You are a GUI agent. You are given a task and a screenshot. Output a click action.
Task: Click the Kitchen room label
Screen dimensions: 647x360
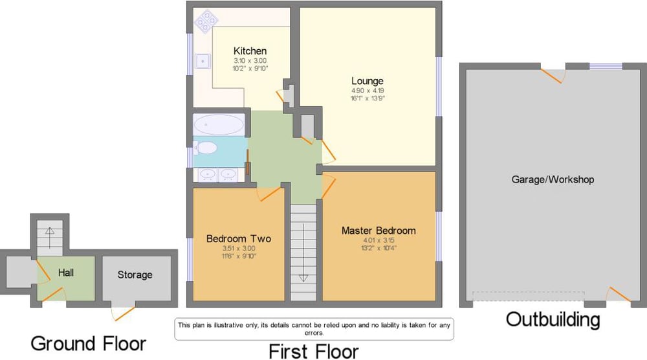click(250, 51)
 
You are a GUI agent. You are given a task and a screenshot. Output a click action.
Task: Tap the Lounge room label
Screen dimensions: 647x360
click(367, 81)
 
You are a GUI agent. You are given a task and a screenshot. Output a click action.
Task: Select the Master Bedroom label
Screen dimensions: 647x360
click(378, 231)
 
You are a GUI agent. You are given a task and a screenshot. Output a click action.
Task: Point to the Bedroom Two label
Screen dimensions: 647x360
click(239, 238)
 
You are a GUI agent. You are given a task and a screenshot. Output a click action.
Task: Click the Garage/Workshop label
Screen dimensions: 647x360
click(553, 179)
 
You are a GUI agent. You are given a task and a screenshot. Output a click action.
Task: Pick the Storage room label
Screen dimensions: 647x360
click(135, 275)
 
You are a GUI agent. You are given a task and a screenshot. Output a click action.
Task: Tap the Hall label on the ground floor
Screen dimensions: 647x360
click(66, 273)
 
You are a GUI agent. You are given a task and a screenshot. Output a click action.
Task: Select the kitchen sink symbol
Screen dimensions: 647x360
click(203, 61)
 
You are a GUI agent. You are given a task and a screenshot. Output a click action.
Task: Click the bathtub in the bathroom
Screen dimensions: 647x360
click(219, 124)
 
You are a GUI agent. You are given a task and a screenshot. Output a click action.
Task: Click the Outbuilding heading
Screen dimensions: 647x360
click(553, 320)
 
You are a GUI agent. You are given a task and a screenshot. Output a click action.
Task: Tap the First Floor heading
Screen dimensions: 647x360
click(314, 352)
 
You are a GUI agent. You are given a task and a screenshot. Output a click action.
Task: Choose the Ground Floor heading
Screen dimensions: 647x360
click(89, 343)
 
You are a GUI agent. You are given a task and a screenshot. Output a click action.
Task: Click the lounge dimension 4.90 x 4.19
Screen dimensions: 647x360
click(367, 91)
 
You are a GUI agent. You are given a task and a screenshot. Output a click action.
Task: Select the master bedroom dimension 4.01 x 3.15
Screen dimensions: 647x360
click(378, 240)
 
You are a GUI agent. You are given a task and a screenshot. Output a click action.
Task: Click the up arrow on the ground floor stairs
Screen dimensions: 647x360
click(50, 238)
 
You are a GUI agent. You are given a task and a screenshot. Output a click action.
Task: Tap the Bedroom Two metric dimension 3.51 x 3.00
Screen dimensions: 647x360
click(239, 248)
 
